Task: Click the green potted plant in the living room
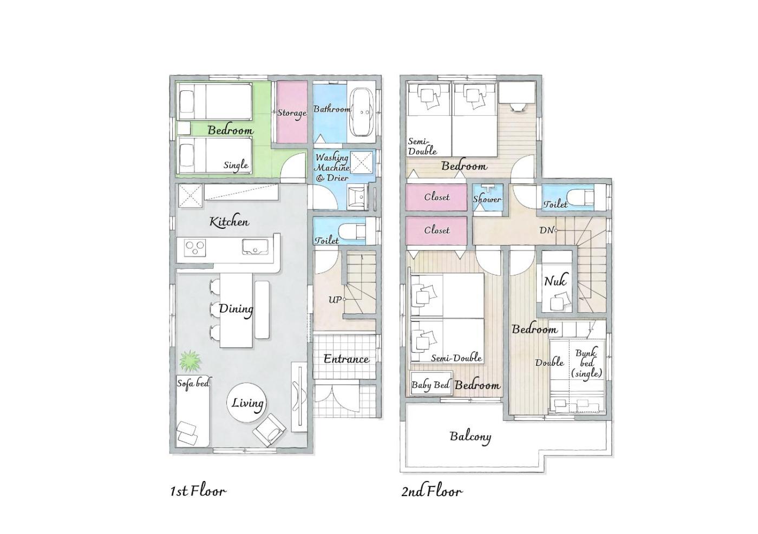tap(190, 361)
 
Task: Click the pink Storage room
tap(292, 112)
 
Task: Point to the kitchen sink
tap(255, 247)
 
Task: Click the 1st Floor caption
tap(198, 491)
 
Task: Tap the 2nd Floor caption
tap(432, 491)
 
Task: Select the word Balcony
tap(471, 437)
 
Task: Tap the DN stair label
tap(546, 230)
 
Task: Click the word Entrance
tap(346, 359)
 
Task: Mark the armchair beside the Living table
tap(269, 430)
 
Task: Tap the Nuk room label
tap(555, 281)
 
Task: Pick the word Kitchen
tap(229, 222)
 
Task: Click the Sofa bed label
tap(193, 383)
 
